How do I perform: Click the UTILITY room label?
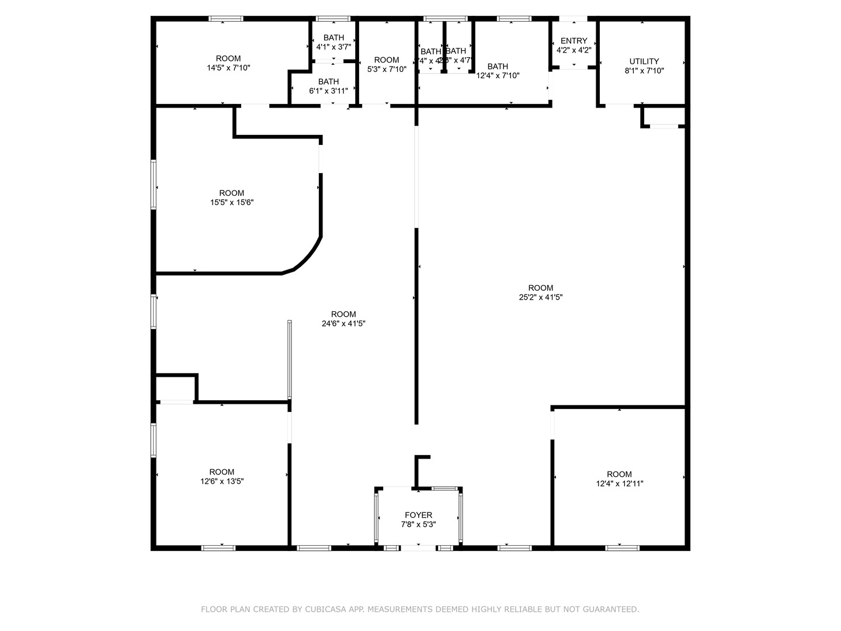[644, 61]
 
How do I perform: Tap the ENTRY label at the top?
[574, 41]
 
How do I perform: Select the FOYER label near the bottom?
[418, 515]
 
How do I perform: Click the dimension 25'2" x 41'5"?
[540, 297]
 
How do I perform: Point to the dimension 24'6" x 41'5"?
[343, 323]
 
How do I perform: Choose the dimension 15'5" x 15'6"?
[232, 202]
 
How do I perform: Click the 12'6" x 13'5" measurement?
[221, 481]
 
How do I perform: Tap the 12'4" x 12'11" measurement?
[619, 483]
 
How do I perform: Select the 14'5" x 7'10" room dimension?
[228, 68]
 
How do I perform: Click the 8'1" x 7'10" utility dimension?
[644, 71]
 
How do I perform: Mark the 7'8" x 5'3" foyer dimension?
[418, 525]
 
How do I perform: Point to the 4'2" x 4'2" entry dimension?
[574, 50]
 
